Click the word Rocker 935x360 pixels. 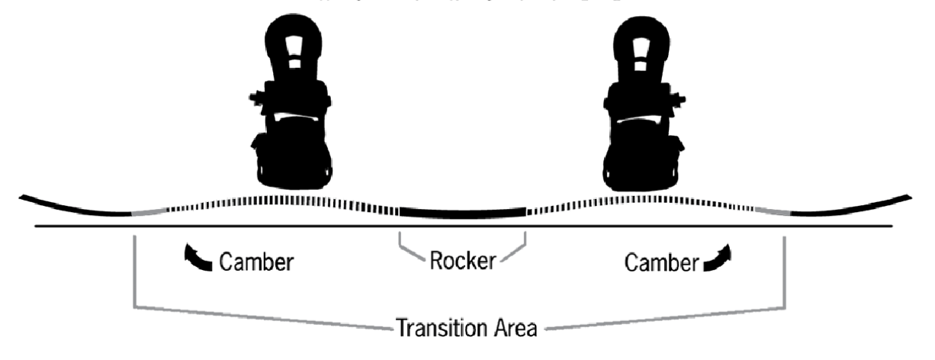pyautogui.click(x=462, y=262)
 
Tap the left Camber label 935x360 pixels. pyautogui.click(x=256, y=262)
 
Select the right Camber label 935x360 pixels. pyautogui.click(x=661, y=262)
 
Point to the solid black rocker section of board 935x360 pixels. pyautogui.click(x=462, y=211)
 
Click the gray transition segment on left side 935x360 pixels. pyautogui.click(x=149, y=213)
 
